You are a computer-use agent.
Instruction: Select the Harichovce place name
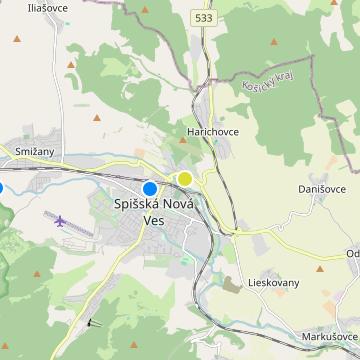210,131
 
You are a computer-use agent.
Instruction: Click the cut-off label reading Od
352,253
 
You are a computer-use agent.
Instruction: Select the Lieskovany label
272,283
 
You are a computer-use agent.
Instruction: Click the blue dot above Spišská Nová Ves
150,187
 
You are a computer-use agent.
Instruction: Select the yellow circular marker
185,179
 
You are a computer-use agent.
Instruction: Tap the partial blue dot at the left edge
1,187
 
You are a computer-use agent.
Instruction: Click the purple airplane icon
61,220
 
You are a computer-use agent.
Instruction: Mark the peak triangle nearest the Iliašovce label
16,40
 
